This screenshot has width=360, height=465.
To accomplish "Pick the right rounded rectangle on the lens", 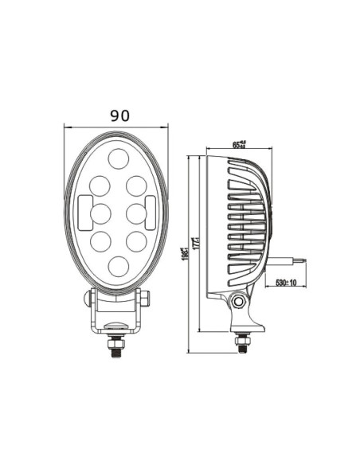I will pyautogui.click(x=151, y=210).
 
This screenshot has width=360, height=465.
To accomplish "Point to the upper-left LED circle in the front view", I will pyautogui.click(x=100, y=185).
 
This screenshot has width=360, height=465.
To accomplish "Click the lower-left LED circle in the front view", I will pyautogui.click(x=100, y=239).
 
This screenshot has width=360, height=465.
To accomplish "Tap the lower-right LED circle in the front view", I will pyautogui.click(x=137, y=239).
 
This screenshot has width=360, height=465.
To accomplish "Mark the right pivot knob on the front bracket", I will pyautogui.click(x=146, y=299).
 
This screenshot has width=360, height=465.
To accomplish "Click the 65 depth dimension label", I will pyautogui.click(x=238, y=144).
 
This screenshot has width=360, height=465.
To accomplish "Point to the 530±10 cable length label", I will pyautogui.click(x=285, y=283).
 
